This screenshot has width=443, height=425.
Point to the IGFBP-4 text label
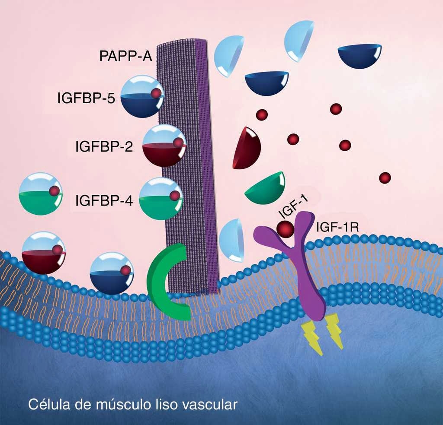click(104, 201)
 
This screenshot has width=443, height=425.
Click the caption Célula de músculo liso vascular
click(132, 405)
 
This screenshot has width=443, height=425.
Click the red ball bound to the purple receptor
click(286, 229)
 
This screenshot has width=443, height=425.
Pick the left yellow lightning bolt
click(313, 337)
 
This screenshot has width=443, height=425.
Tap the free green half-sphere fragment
click(266, 187)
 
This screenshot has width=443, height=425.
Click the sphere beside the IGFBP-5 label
click(142, 96)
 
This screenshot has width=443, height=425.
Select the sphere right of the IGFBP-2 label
click(164, 146)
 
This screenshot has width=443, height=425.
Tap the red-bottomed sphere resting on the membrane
click(43, 253)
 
